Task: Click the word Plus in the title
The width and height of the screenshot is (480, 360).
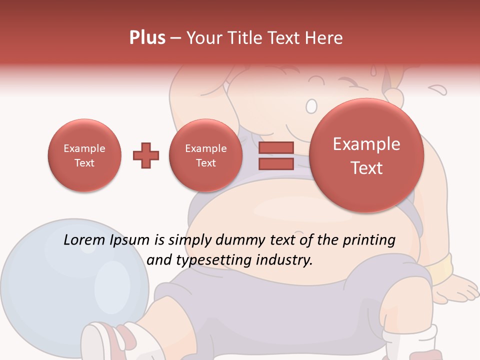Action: coord(147,38)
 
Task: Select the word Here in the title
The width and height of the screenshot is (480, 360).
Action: coord(325,38)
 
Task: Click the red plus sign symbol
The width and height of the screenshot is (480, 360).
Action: coord(146,155)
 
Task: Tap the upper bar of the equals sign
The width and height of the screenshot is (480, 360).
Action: coord(276,147)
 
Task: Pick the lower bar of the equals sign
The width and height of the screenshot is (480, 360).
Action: coord(276,164)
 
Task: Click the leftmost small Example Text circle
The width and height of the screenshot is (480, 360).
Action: coord(84,155)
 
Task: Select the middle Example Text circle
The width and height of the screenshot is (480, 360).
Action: coord(206,155)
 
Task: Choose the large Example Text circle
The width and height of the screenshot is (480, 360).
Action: coord(366,155)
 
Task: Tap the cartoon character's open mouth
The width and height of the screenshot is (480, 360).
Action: coord(311,105)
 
